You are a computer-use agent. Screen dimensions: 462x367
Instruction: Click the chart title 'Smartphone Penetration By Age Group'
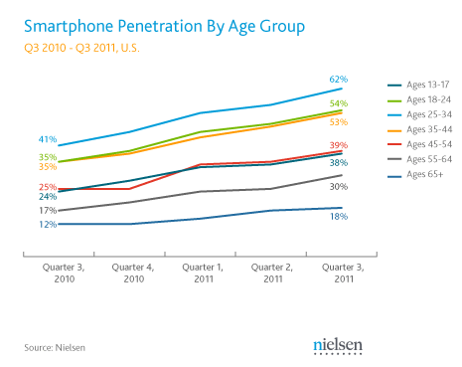pos(164,27)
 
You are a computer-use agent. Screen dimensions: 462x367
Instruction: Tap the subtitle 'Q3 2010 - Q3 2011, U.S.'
pos(81,48)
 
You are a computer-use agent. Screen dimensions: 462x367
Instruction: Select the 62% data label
pos(339,80)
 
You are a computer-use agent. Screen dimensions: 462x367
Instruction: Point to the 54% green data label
pos(339,103)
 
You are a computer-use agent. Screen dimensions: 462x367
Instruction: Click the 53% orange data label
pos(339,122)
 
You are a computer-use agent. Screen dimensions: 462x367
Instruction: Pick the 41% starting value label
pos(48,139)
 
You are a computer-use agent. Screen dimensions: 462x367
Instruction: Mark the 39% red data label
pos(339,145)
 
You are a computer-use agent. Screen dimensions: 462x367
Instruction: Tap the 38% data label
pos(339,163)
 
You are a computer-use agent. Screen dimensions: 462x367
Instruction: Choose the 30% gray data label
pos(339,187)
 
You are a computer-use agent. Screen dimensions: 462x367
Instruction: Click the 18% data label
pos(339,217)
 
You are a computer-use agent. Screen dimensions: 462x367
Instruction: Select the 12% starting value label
pos(48,225)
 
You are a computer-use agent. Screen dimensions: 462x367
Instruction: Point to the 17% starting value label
pos(48,211)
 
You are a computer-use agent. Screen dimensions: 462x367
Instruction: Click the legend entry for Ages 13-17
pos(418,85)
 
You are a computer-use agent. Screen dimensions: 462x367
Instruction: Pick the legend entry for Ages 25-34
pos(419,114)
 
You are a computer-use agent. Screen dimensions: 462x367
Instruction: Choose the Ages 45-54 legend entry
pos(419,144)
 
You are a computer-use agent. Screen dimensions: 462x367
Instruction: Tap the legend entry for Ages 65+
pos(415,174)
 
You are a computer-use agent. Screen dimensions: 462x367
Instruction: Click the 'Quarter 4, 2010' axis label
pos(133,273)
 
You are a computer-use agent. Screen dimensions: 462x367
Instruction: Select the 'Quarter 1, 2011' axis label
pos(203,273)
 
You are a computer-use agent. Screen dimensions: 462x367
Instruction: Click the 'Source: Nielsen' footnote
pos(55,348)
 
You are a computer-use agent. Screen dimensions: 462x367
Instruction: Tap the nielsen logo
pos(338,346)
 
